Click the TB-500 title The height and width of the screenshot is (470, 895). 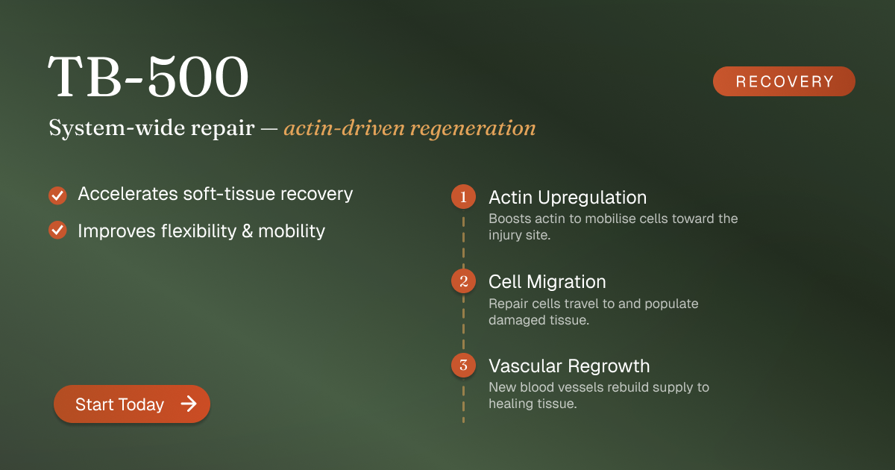point(148,76)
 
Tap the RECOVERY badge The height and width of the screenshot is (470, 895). point(784,81)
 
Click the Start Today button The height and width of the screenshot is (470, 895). point(132,404)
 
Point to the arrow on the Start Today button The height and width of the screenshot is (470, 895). point(189,404)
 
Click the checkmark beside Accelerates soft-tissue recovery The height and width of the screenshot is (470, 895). point(57,195)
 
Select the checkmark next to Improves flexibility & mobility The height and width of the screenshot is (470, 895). point(57,231)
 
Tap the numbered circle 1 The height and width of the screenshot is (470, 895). point(463,197)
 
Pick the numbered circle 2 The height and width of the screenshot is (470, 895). point(463,281)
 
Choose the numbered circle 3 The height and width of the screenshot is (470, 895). point(463,365)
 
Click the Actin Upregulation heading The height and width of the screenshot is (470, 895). point(568,198)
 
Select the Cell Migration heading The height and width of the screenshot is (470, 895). point(547,282)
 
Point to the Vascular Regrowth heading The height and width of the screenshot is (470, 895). point(569,366)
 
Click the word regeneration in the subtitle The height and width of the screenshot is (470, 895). point(473,128)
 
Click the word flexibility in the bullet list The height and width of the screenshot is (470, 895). point(198,231)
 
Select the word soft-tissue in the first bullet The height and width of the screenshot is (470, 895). point(229,194)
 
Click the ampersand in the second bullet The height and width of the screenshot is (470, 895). point(248,231)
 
